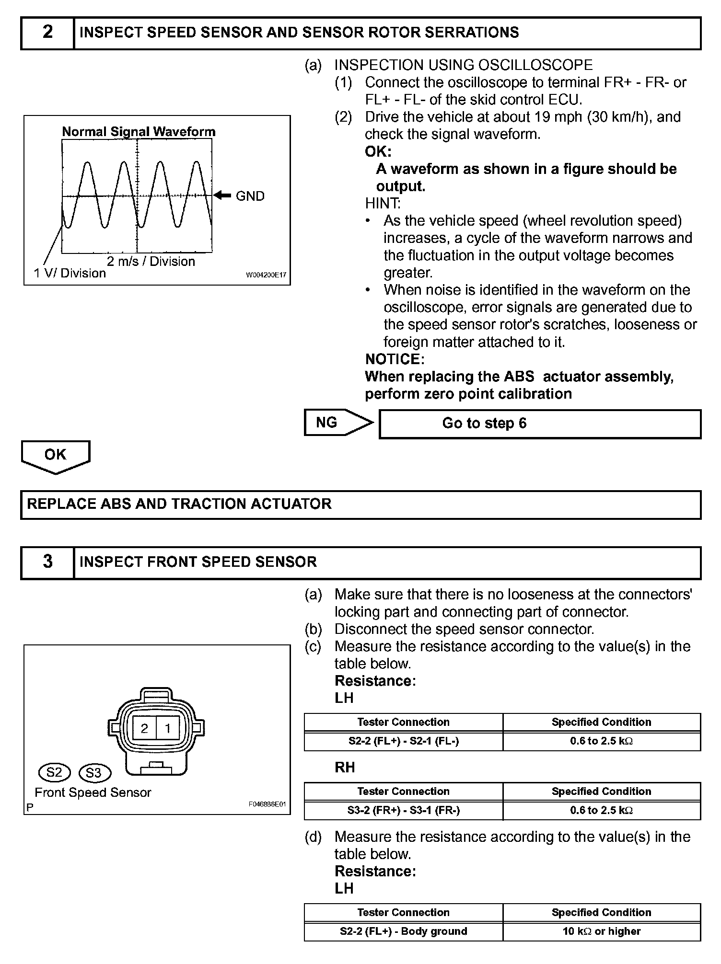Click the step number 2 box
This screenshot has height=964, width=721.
[x=47, y=33]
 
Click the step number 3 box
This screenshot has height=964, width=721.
[x=47, y=562]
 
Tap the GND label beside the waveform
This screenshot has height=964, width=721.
[x=250, y=196]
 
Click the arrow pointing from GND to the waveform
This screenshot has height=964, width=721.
[x=222, y=195]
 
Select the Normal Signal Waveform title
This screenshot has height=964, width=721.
[x=139, y=132]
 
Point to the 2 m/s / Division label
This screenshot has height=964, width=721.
[x=151, y=262]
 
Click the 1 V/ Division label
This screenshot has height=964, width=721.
[x=70, y=273]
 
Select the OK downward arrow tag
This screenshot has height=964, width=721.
[x=55, y=456]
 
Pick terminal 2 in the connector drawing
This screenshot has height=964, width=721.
[x=144, y=729]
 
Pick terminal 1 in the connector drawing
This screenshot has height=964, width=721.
[x=168, y=729]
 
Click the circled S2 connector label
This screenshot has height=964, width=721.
[x=54, y=772]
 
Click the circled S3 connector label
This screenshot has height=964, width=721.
[x=94, y=773]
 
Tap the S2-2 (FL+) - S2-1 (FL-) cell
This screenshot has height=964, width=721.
[x=403, y=741]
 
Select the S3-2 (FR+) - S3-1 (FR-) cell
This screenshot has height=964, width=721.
[x=403, y=811]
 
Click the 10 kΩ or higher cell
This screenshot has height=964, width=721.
[x=602, y=931]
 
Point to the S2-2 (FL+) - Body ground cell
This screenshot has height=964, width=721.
[x=403, y=931]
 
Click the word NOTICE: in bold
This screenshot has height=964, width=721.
[x=395, y=359]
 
